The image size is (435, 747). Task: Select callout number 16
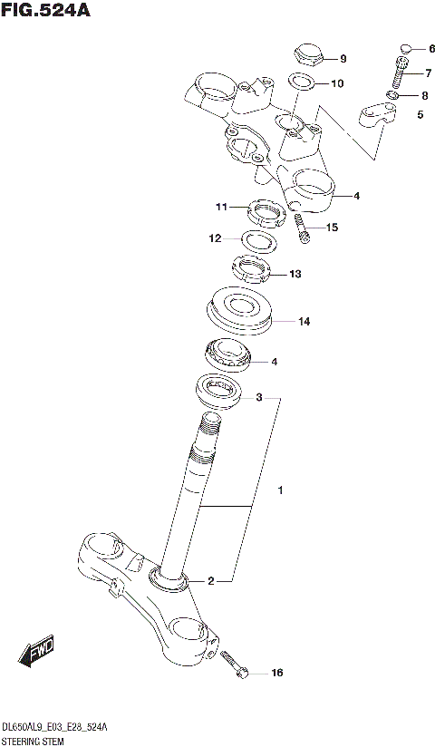click(277, 673)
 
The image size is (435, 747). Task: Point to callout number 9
click(343, 59)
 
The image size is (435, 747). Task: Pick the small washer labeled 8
click(392, 95)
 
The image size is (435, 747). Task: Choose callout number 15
click(332, 228)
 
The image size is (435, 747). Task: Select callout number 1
click(281, 490)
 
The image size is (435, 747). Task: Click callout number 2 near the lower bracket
click(210, 581)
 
